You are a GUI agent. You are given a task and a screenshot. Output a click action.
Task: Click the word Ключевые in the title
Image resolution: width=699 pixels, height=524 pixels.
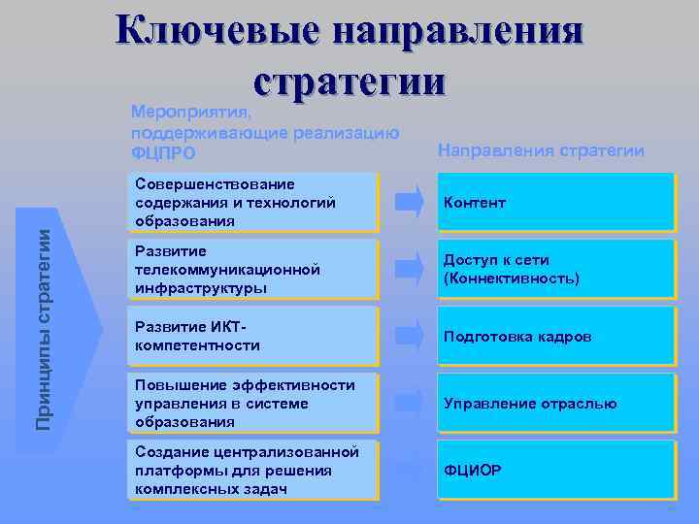tap(216, 29)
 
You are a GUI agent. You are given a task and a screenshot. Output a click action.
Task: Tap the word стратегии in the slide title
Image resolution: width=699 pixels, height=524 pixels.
tap(349, 78)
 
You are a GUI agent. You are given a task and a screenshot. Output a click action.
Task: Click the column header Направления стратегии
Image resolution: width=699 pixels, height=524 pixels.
tap(541, 150)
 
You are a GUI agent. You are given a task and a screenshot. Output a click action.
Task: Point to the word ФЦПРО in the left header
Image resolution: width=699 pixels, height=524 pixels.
tap(162, 153)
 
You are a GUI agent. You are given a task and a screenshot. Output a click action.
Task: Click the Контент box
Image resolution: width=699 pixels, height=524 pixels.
tap(554, 202)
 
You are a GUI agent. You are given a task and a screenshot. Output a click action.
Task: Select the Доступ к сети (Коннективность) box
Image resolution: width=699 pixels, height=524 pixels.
tap(554, 269)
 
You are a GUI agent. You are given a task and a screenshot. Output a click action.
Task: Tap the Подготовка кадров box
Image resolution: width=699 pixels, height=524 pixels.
tap(554, 336)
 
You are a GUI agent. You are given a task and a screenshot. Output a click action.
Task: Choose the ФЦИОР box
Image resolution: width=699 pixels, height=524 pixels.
tap(554, 471)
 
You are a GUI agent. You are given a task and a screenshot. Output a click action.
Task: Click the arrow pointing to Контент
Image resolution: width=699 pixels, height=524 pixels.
tap(409, 202)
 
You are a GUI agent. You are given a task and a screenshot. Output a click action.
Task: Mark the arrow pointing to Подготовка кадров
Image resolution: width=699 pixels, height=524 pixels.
tap(409, 336)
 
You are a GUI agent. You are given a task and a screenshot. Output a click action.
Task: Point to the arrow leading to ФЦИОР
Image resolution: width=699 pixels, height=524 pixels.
tap(409, 471)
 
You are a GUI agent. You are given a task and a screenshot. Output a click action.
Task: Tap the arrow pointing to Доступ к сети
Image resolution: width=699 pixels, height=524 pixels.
tap(409, 269)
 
